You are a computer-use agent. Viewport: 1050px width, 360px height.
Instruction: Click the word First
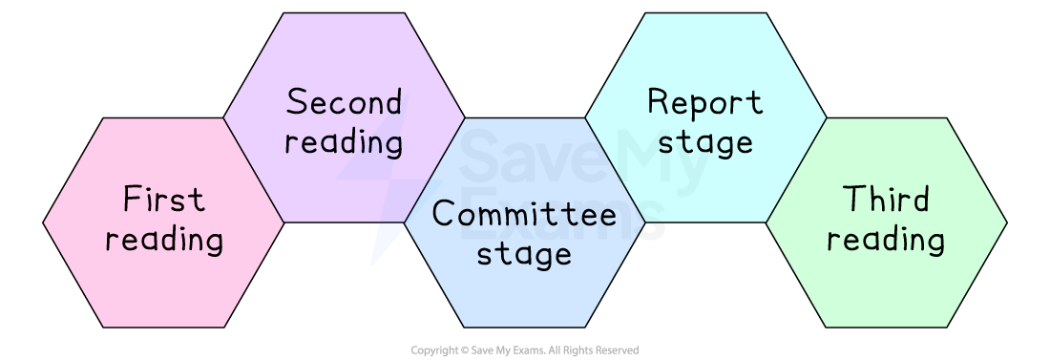tap(164, 201)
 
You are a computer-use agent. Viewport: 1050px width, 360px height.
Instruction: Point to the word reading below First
tap(164, 240)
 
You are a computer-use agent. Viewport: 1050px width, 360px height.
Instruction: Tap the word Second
tap(344, 102)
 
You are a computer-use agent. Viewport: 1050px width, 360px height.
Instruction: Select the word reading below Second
tap(344, 143)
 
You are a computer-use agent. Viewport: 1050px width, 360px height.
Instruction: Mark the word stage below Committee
tap(524, 254)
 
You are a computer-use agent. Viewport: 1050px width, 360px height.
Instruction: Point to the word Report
tap(704, 102)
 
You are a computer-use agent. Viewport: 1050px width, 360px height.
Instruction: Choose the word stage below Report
tap(704, 142)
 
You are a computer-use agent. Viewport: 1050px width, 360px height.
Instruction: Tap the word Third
tap(886, 201)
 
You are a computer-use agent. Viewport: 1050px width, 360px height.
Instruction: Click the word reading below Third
tap(886, 240)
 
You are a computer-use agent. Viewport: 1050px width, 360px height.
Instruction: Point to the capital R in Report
tap(658, 102)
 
